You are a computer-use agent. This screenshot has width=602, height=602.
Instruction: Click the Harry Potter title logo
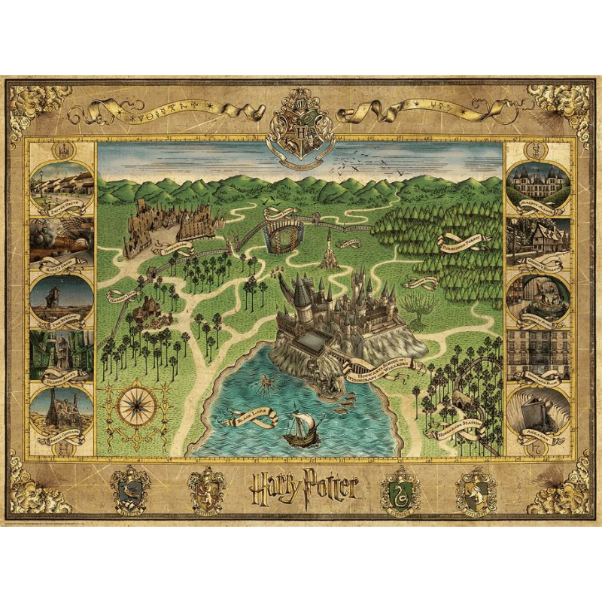[302, 488]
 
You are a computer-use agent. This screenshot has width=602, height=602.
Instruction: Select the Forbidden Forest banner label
[461, 242]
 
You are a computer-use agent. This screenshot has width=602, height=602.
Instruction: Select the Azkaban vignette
[537, 411]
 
